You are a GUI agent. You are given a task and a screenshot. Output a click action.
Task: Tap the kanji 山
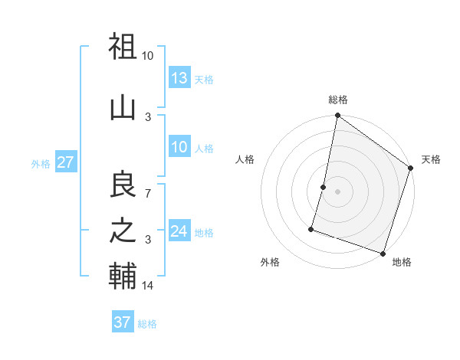(123, 107)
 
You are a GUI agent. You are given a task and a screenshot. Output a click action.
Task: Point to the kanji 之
(123, 231)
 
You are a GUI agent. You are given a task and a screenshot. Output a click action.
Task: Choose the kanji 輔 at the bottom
(123, 276)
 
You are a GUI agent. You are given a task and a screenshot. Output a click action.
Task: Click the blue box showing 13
(179, 77)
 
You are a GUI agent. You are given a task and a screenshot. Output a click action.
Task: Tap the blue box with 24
(179, 231)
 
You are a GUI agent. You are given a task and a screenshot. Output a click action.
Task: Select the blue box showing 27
(65, 162)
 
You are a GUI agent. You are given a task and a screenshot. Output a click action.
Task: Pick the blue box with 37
(123, 322)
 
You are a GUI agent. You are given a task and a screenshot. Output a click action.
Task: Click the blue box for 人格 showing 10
(179, 147)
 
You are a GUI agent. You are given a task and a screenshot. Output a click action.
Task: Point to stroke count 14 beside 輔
(149, 286)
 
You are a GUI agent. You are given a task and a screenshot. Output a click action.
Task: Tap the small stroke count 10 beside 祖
(147, 56)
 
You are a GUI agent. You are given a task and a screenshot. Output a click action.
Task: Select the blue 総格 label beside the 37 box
(147, 324)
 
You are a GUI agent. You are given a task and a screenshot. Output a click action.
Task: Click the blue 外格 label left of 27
(41, 163)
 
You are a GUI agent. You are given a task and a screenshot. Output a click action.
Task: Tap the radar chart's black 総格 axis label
(338, 100)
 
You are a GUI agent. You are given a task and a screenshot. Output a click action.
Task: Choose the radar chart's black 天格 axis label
(431, 159)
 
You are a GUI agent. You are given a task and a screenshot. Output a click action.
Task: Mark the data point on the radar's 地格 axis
(383, 253)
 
